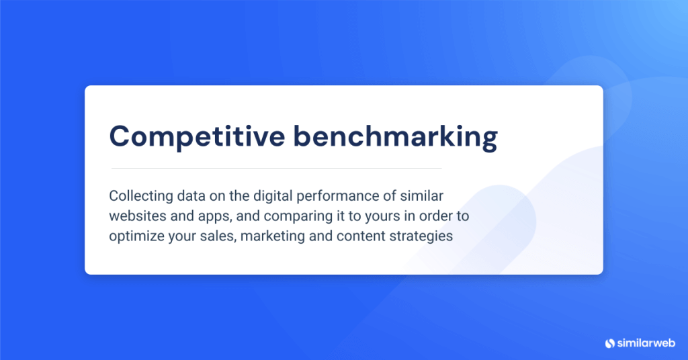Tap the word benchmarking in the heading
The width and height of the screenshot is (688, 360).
pyautogui.click(x=394, y=136)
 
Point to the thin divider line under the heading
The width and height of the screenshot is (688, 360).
pyautogui.click(x=275, y=168)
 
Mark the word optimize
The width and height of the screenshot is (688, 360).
pyautogui.click(x=135, y=236)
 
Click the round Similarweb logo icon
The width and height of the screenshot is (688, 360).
pyautogui.click(x=610, y=343)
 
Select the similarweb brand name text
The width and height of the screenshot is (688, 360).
pyautogui.click(x=647, y=343)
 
